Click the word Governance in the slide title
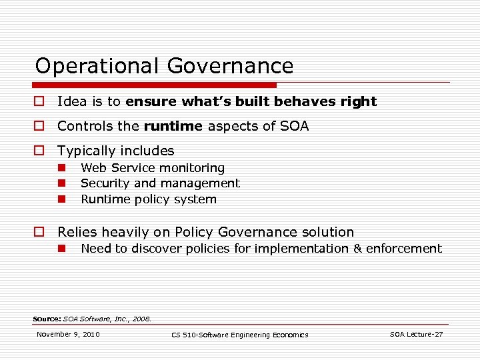pyautogui.click(x=231, y=66)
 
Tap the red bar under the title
pyautogui.click(x=154, y=85)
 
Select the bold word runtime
pyautogui.click(x=173, y=126)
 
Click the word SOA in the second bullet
pyautogui.click(x=293, y=126)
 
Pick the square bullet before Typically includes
pyautogui.click(x=38, y=151)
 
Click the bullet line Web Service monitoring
pyautogui.click(x=153, y=168)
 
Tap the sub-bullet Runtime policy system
pyautogui.click(x=149, y=199)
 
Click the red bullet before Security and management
pyautogui.click(x=60, y=183)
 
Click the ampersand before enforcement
pyautogui.click(x=357, y=249)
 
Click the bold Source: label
pyautogui.click(x=47, y=319)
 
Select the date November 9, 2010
pyautogui.click(x=68, y=334)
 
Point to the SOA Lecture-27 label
pyautogui.click(x=416, y=334)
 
